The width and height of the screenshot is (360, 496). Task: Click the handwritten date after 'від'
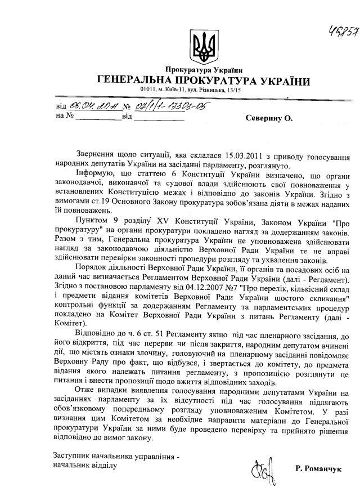pyautogui.click(x=93, y=106)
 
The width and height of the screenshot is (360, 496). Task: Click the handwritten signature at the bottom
pyautogui.click(x=259, y=468)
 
